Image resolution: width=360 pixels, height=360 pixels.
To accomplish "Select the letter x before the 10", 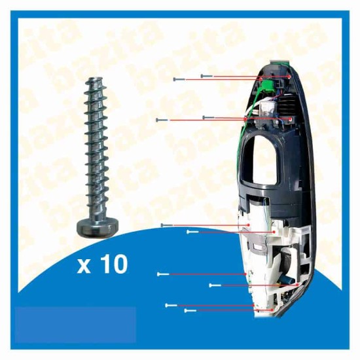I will [84, 267].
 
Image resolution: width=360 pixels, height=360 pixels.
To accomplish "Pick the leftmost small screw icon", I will [158, 120].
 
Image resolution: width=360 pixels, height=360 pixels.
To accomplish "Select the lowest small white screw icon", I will [190, 310].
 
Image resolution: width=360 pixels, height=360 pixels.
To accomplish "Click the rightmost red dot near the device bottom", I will [300, 285].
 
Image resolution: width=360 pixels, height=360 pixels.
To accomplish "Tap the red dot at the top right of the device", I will [289, 77].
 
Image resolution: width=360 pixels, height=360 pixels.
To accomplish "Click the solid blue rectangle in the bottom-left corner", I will [75, 324].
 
